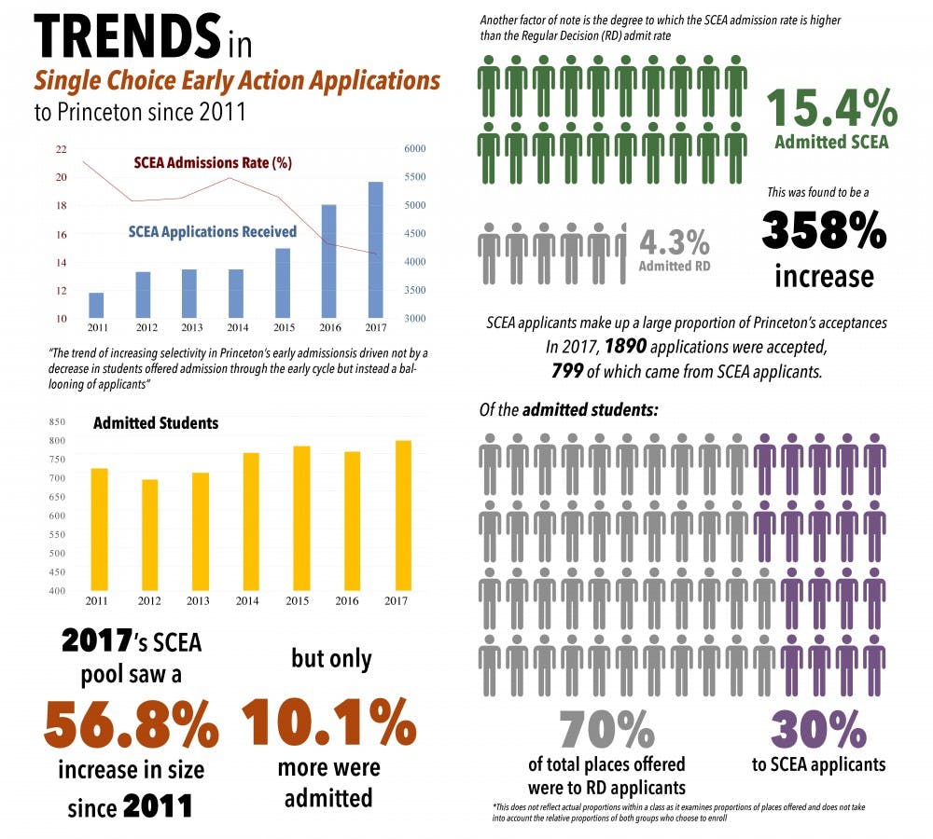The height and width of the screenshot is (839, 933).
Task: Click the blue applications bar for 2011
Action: (96, 305)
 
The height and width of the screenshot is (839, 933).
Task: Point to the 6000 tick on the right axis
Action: (414, 149)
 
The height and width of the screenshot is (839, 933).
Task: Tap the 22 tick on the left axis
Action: (62, 149)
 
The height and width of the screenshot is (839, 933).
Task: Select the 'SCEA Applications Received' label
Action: (212, 231)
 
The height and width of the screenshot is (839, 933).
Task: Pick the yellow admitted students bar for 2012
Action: (150, 535)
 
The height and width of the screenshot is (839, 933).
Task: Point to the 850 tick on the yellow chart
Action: (58, 421)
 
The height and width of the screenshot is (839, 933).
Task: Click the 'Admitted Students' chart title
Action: (156, 423)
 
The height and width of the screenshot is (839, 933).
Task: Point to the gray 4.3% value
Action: (675, 241)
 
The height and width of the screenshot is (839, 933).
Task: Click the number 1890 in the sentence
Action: (625, 347)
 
